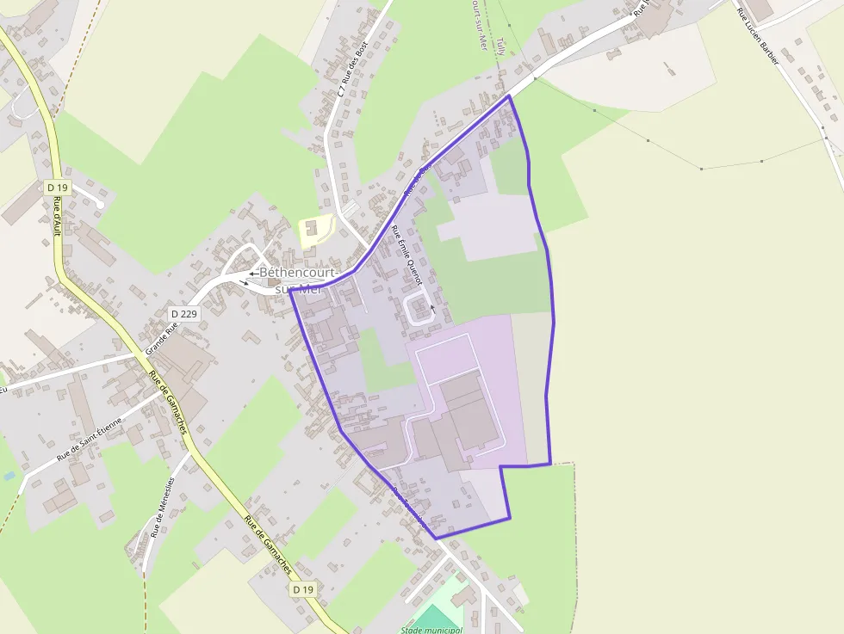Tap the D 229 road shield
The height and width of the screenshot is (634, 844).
pyautogui.click(x=184, y=314)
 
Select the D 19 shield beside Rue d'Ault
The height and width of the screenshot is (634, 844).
pyautogui.click(x=57, y=187)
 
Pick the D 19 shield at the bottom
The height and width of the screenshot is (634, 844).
pyautogui.click(x=301, y=589)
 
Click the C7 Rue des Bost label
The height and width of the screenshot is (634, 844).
pyautogui.click(x=353, y=68)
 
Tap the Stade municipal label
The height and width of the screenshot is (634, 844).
pyautogui.click(x=431, y=630)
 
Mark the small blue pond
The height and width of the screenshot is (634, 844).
pyautogui.click(x=9, y=475)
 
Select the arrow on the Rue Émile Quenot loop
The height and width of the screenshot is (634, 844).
pyautogui.click(x=432, y=307)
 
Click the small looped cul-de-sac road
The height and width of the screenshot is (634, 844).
pyautogui.click(x=419, y=307)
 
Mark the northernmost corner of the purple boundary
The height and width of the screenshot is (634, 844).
pyautogui.click(x=509, y=95)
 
